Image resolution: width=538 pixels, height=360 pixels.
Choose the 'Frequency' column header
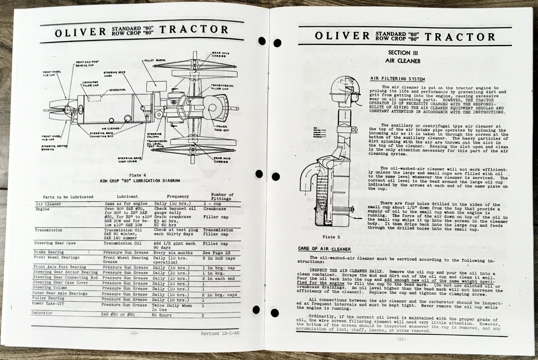(x=178, y=196)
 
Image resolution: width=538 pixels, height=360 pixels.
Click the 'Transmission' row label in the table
(x=48, y=230)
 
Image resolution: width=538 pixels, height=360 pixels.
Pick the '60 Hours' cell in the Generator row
(x=162, y=315)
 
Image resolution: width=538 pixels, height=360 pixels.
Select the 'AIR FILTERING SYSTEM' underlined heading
(x=397, y=79)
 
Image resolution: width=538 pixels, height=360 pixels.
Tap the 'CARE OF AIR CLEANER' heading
(x=324, y=249)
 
